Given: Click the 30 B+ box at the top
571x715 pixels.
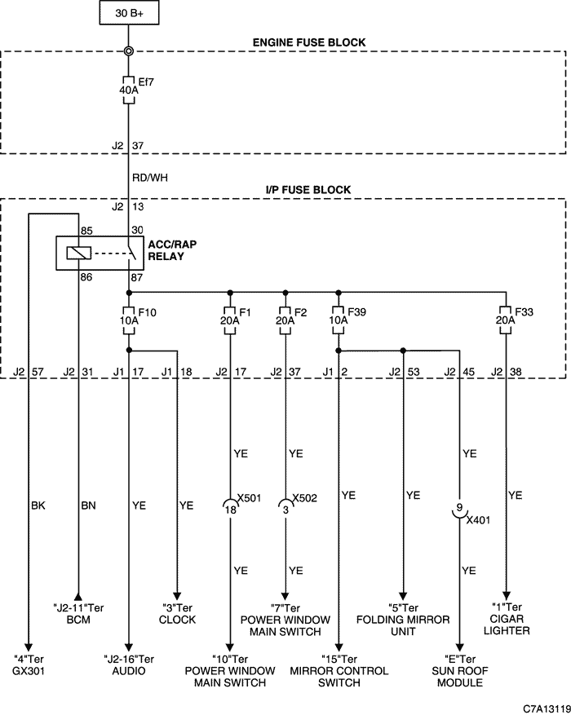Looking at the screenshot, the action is [x=129, y=13].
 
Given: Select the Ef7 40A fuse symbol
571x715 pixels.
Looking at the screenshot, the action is [x=129, y=90].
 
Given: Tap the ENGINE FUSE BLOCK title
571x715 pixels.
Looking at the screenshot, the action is [x=309, y=42].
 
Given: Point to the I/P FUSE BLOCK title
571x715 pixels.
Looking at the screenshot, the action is [x=308, y=190].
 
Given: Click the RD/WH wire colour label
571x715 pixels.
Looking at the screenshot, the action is [x=149, y=178].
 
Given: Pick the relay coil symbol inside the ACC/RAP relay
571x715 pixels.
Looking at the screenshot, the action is [x=79, y=253].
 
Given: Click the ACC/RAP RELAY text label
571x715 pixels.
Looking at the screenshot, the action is [x=172, y=250].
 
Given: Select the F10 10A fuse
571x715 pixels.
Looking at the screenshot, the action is [x=129, y=320].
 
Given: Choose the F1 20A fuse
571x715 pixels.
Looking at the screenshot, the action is [x=230, y=320].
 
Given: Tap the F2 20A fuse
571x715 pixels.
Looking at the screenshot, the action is [x=285, y=320].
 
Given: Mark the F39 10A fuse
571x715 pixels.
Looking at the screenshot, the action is [x=338, y=320].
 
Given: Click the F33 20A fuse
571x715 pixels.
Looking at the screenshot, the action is [x=505, y=320].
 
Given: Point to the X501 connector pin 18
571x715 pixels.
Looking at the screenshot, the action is [x=230, y=507].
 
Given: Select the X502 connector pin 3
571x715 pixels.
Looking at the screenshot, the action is [x=285, y=507].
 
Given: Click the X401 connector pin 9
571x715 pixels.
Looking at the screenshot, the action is [x=459, y=510].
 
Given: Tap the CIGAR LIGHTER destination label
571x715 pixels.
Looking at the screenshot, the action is [x=507, y=625].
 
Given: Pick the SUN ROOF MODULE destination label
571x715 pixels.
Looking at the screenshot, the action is [x=460, y=677].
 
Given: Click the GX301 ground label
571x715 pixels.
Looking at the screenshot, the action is [x=29, y=671].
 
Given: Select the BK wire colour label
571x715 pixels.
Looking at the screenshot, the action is [x=38, y=505].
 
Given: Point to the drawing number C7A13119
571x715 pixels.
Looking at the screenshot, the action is [x=546, y=708].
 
